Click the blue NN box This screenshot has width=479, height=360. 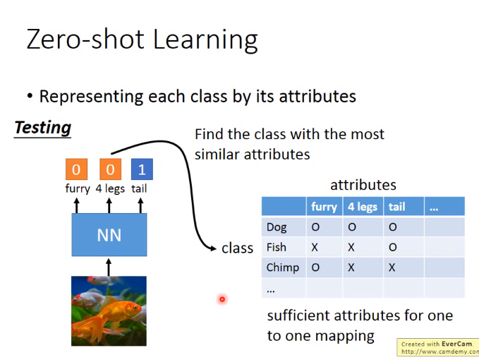point(109,234)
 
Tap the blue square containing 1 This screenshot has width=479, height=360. point(142,169)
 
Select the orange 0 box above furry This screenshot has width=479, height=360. point(76,169)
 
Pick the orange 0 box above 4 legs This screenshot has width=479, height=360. point(110,169)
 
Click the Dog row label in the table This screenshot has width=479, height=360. point(277,227)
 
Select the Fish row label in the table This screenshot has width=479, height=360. point(276,247)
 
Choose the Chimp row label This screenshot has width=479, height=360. point(283,268)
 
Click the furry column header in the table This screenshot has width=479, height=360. point(324,207)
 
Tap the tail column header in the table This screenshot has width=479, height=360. point(396,207)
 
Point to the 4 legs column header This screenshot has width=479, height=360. point(363,207)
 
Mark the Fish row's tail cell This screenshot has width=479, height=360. point(392,247)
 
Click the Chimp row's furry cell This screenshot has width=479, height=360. point(315,268)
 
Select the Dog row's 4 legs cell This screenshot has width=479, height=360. point(352,227)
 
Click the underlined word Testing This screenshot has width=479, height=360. point(43,128)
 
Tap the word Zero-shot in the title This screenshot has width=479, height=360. point(85,40)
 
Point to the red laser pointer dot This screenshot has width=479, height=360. point(222,299)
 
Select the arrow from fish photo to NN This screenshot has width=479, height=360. point(109,268)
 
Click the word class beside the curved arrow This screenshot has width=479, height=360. point(237,248)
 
